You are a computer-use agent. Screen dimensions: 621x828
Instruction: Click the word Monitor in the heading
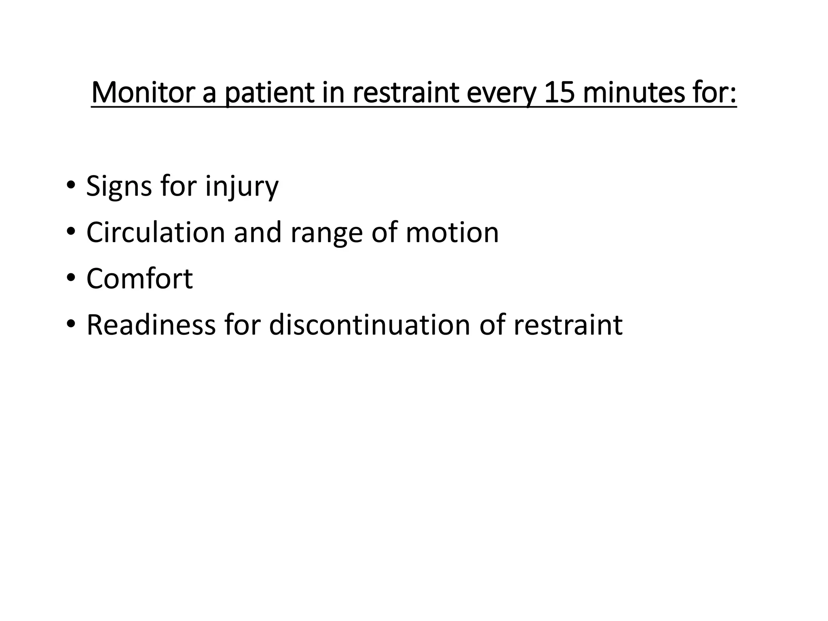tap(142, 93)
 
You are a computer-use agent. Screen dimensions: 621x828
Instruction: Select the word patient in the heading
tap(270, 93)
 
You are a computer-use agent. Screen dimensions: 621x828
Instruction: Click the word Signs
tap(119, 186)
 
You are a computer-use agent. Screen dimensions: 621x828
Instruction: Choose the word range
tap(327, 233)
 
